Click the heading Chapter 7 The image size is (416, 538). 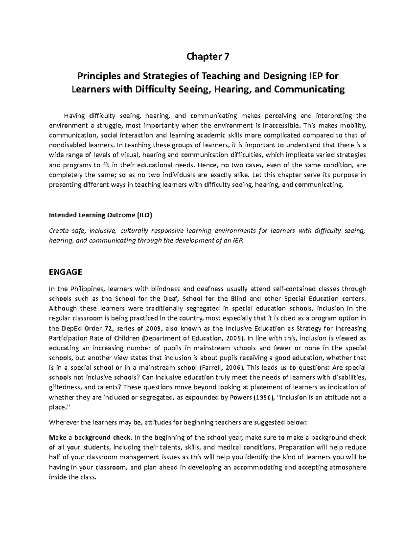[x=208, y=56]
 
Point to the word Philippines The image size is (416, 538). [x=87, y=289]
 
